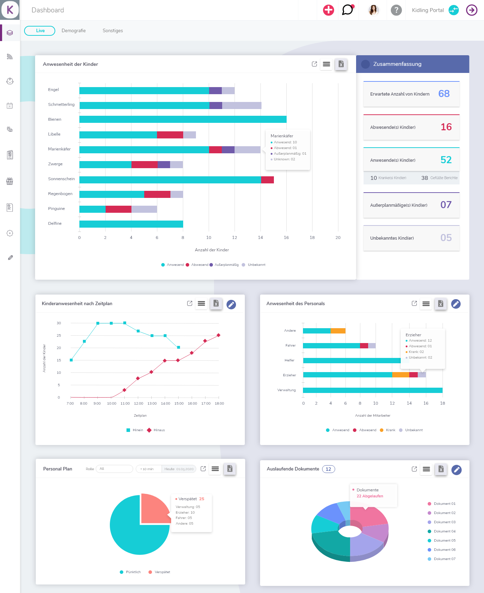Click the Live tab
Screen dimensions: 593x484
click(x=40, y=31)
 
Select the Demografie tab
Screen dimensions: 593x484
click(x=74, y=31)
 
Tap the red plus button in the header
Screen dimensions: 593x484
click(x=328, y=10)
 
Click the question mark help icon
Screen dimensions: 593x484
click(x=396, y=10)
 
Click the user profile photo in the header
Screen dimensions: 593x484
click(x=373, y=10)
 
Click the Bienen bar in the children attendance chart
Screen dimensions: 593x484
click(x=183, y=119)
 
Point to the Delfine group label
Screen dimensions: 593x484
click(x=55, y=223)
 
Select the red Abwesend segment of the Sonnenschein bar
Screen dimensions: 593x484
click(x=268, y=180)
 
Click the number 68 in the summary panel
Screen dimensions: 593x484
click(x=444, y=93)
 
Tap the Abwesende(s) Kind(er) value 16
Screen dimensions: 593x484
click(x=446, y=127)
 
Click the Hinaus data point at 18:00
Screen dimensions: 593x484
click(x=219, y=335)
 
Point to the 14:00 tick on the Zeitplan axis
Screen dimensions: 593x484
click(x=165, y=404)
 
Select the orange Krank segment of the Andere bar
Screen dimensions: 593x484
click(x=338, y=331)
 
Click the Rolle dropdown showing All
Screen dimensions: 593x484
click(x=114, y=469)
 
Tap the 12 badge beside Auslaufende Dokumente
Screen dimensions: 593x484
click(x=328, y=469)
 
